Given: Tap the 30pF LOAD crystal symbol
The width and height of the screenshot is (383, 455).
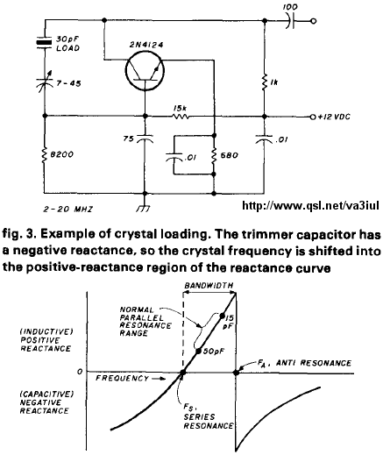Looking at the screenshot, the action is pos(45,42).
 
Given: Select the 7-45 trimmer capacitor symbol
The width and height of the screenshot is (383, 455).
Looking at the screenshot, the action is pos(46,81).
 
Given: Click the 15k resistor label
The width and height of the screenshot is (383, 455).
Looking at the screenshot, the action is pos(180,109).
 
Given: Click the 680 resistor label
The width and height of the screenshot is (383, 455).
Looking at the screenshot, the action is pos(229,155).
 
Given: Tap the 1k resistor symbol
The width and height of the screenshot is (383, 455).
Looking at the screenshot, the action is pos(265,82).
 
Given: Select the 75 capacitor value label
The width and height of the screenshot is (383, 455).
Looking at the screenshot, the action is pos(129,139).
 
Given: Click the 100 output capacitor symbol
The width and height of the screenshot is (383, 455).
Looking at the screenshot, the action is pos(290,21).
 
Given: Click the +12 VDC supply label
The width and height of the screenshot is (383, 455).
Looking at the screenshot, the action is pos(334,117).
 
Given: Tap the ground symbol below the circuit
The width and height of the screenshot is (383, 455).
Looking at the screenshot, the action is pos(145,208).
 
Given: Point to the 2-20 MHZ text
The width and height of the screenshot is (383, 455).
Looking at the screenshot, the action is pos(67,210).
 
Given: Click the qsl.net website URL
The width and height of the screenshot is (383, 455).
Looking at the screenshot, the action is pos(310,206).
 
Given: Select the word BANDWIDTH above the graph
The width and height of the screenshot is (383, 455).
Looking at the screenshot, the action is pos(209,285).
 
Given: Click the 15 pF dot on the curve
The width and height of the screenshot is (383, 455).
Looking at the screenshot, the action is pos(222,316).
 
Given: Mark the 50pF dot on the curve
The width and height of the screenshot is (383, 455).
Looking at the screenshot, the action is pos(198,352).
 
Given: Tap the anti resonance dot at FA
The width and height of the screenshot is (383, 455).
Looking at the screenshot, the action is pos(236,373).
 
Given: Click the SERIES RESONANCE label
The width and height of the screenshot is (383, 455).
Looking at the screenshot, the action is pos(209,421).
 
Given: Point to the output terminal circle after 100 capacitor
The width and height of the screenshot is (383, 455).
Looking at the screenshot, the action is pos(314,21).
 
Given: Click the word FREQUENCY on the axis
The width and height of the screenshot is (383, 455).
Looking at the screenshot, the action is pos(123,379).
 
